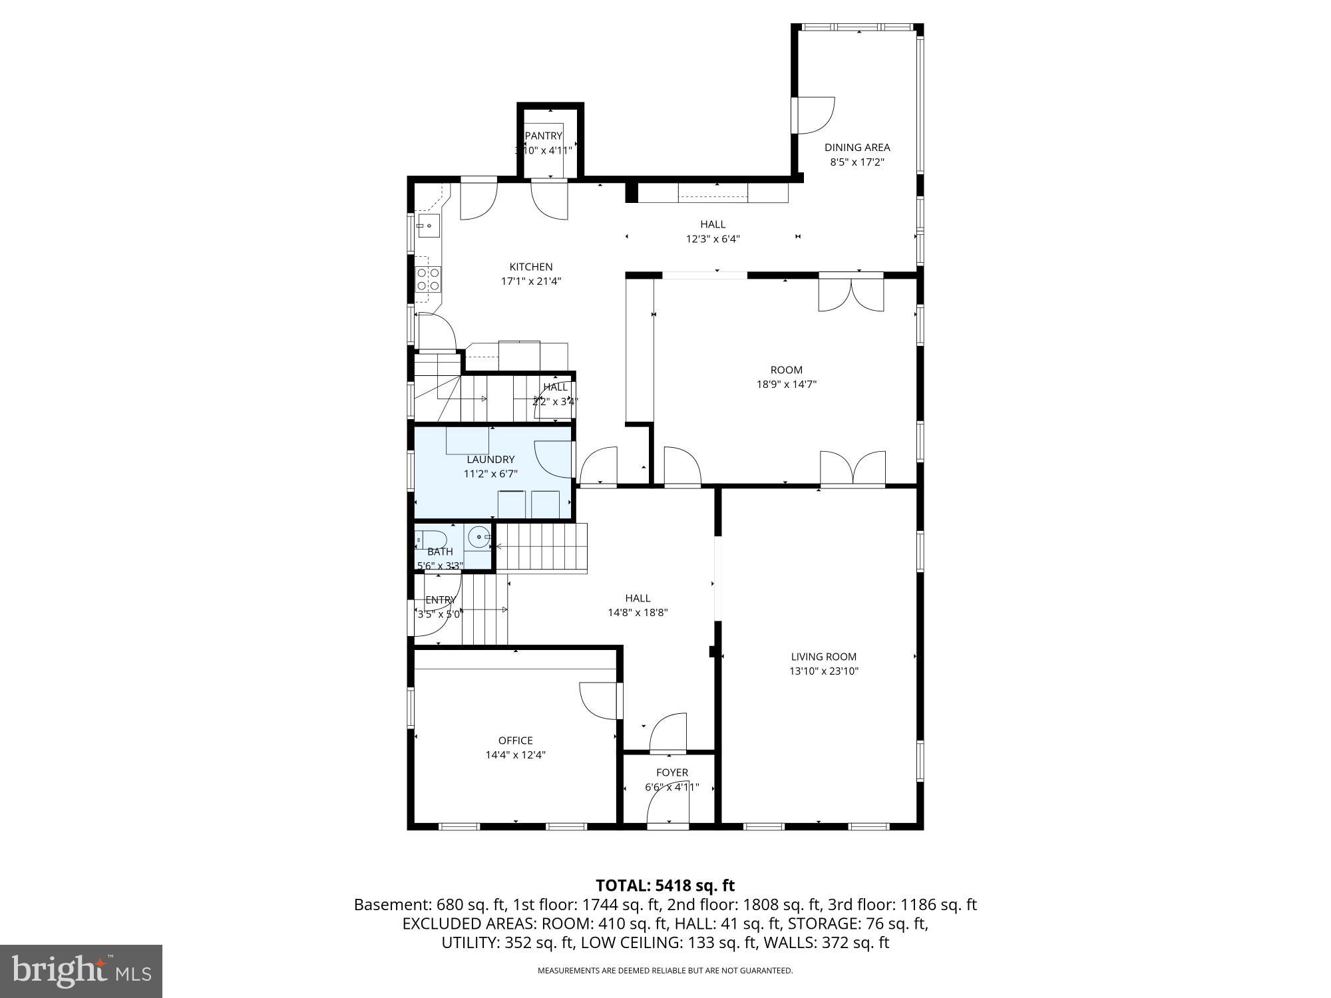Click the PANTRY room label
pyautogui.click(x=544, y=136)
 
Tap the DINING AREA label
pyautogui.click(x=856, y=148)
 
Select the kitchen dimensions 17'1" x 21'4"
pyautogui.click(x=530, y=281)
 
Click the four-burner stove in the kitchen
pyautogui.click(x=428, y=279)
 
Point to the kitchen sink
pyautogui.click(x=428, y=226)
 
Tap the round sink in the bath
pyautogui.click(x=478, y=536)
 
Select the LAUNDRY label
pyautogui.click(x=490, y=460)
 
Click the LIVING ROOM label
pyautogui.click(x=823, y=657)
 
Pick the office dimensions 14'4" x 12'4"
pyautogui.click(x=516, y=755)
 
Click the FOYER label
pyautogui.click(x=671, y=772)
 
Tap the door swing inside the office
pyautogui.click(x=598, y=699)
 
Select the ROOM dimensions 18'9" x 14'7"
pyautogui.click(x=786, y=384)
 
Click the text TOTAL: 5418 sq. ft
pyautogui.click(x=665, y=886)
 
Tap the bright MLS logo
pyautogui.click(x=81, y=971)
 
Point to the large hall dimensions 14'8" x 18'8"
pyautogui.click(x=638, y=613)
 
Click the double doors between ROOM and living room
pyautogui.click(x=853, y=468)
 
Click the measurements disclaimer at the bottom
pyautogui.click(x=665, y=971)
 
